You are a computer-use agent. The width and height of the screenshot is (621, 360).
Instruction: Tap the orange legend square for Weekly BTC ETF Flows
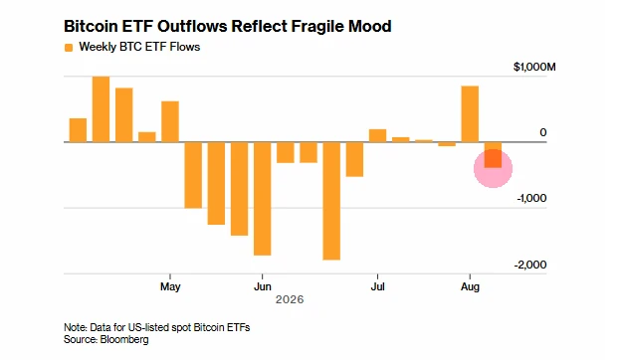pyautogui.click(x=69, y=48)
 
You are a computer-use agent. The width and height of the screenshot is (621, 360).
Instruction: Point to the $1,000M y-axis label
pyautogui.click(x=534, y=67)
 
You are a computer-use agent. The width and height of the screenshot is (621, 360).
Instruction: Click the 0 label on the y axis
pyautogui.click(x=543, y=132)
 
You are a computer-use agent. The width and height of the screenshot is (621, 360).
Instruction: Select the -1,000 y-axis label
pyautogui.click(x=531, y=198)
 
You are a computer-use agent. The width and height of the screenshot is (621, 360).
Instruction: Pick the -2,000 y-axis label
pyautogui.click(x=530, y=265)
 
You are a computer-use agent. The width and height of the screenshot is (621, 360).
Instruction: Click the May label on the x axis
pyautogui.click(x=170, y=286)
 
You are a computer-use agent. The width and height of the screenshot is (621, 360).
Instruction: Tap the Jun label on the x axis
pyautogui.click(x=262, y=286)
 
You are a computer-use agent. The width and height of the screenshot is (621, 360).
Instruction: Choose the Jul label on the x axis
pyautogui.click(x=377, y=286)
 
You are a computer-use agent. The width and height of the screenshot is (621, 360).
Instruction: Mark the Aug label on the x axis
pyautogui.click(x=470, y=286)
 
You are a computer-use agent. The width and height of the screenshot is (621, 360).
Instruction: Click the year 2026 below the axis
pyautogui.click(x=290, y=299)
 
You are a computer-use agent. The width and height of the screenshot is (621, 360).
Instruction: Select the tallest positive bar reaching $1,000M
pyautogui.click(x=101, y=109)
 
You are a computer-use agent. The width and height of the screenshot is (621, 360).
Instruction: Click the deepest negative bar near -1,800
pyautogui.click(x=331, y=201)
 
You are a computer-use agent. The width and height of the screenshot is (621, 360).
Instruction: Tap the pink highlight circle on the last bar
pyautogui.click(x=493, y=168)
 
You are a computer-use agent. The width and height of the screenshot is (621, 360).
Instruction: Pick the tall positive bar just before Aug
pyautogui.click(x=470, y=114)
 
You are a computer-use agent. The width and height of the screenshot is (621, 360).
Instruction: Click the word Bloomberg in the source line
pyautogui.click(x=124, y=339)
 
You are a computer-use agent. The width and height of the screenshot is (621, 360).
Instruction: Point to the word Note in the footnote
pyautogui.click(x=75, y=327)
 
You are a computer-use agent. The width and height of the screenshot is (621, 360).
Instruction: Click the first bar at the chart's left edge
pyautogui.click(x=78, y=130)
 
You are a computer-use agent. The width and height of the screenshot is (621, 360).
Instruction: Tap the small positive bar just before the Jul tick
pyautogui.click(x=377, y=135)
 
